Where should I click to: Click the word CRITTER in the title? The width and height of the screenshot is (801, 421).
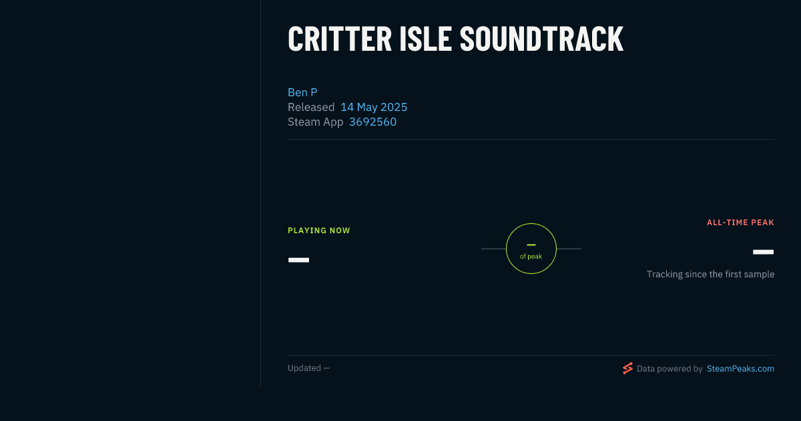pos(340,39)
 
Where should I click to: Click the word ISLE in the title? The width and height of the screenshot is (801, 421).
pos(426,39)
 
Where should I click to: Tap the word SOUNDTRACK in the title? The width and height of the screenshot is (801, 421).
pos(541,39)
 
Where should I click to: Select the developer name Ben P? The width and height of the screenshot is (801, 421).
pos(302,92)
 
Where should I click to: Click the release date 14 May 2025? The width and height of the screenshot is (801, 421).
pos(374,107)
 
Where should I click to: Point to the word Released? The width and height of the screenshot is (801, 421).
pos(311,107)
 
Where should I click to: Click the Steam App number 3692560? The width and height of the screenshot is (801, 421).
pos(372,122)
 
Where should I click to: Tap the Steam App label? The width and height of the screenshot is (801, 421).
pos(315,122)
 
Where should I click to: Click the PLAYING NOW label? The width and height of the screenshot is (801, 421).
pos(319,231)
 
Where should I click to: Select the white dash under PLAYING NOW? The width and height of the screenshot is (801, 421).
pos(298,260)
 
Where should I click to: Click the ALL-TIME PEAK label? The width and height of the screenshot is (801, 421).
pos(740,223)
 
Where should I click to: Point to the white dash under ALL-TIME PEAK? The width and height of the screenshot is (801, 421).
pos(763,252)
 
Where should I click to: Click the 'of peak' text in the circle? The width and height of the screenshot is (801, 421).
pos(531,257)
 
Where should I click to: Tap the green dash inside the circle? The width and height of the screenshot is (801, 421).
pos(531,245)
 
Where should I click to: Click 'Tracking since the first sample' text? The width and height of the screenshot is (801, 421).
pos(710,274)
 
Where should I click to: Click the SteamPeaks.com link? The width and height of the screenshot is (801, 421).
pos(740,369)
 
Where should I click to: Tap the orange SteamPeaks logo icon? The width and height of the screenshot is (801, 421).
pos(627,368)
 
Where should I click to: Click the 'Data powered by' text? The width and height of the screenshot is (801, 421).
pos(670,369)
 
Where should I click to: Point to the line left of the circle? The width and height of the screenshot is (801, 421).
pos(493,249)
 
